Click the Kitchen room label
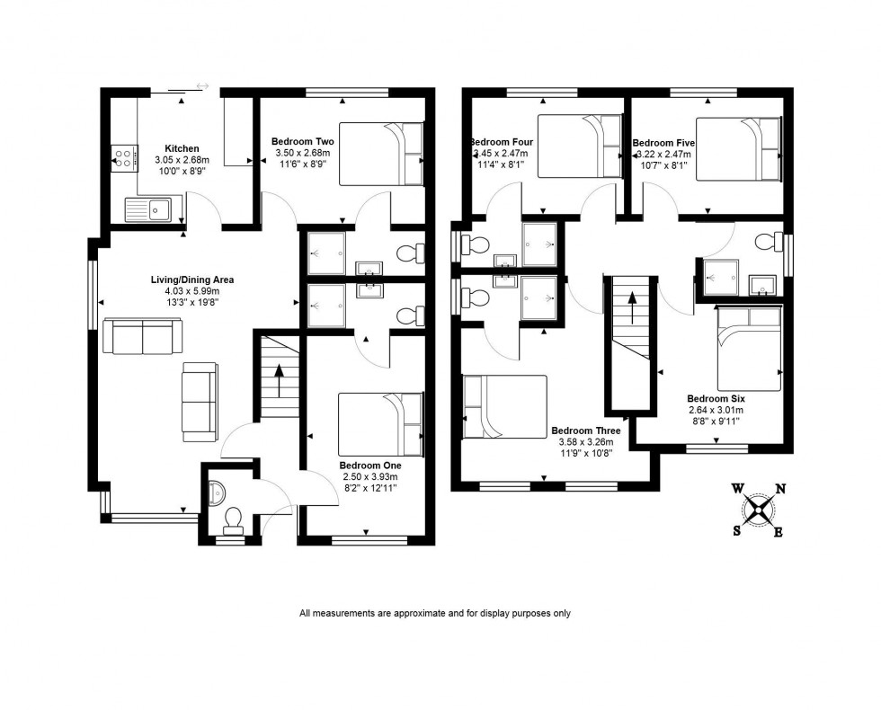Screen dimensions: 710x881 tap(182, 149)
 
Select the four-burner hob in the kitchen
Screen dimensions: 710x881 tap(124, 159)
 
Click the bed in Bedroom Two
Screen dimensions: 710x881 tap(381, 154)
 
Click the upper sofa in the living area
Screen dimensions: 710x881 tap(140, 337)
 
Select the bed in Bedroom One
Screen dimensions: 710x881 tap(380, 424)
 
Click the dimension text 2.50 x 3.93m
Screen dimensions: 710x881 tap(369, 477)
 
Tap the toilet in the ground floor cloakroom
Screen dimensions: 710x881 tap(233, 519)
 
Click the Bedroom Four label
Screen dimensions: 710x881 tap(502, 143)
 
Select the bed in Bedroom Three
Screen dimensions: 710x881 tap(505, 406)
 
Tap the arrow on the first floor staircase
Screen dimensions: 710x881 tap(632, 310)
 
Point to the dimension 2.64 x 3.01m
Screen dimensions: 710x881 tap(716, 410)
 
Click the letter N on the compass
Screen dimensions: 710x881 tap(781, 489)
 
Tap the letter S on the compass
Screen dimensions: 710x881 tap(737, 530)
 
